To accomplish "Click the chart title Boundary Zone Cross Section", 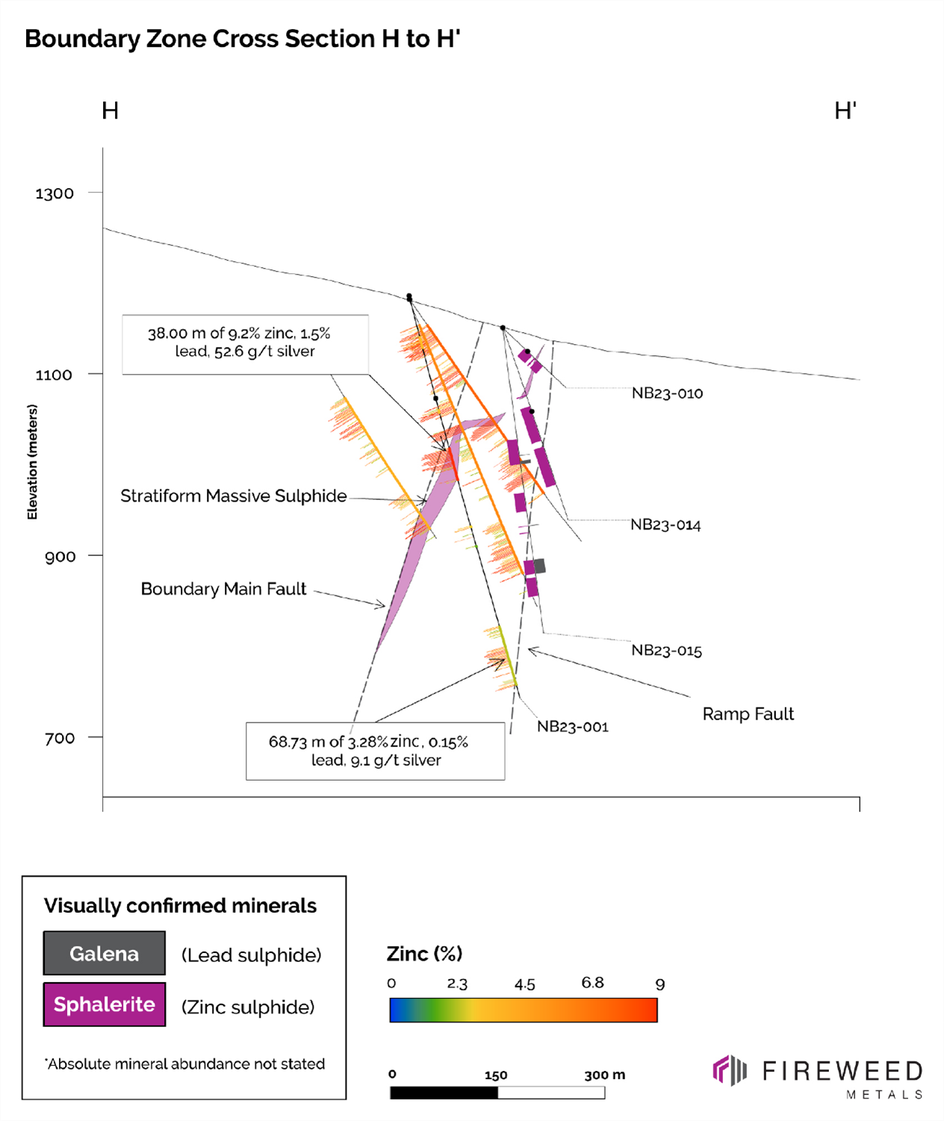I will click(x=242, y=39).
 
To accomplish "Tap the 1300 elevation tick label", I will click(x=55, y=193).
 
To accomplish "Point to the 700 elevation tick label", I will click(x=60, y=738).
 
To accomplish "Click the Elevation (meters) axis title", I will click(x=32, y=461).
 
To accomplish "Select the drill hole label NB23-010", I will click(x=667, y=393).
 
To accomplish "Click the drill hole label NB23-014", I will click(x=665, y=525).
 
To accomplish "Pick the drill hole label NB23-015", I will click(x=666, y=650).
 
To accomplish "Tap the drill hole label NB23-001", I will click(x=572, y=726).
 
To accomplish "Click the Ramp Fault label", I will click(x=748, y=714).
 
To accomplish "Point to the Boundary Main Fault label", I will click(x=223, y=589).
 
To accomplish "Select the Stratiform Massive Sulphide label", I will click(x=233, y=496).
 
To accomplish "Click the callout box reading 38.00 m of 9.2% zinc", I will click(x=245, y=343).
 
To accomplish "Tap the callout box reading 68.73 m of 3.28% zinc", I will click(x=375, y=751).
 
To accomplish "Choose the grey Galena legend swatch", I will click(x=104, y=953).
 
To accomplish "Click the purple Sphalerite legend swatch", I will click(x=104, y=1005).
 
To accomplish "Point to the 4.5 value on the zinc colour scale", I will click(x=524, y=984).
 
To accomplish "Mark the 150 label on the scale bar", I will click(x=496, y=1075).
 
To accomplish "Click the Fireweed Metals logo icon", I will click(x=730, y=1070).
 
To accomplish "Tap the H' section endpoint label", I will click(x=845, y=111).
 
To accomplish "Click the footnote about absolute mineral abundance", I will click(x=185, y=1064).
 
